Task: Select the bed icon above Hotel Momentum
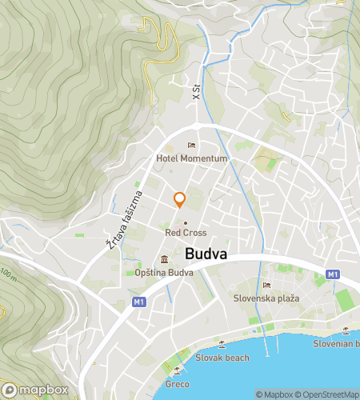[191, 145]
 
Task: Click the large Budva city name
[206, 254]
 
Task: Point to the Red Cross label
[186, 233]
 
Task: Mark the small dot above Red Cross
[186, 222]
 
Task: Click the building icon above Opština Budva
[164, 259]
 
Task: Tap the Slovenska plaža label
[266, 298]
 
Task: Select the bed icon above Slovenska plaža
[266, 285]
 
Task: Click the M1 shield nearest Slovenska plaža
[332, 275]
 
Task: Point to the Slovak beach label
[222, 358]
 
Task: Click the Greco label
[178, 382]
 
